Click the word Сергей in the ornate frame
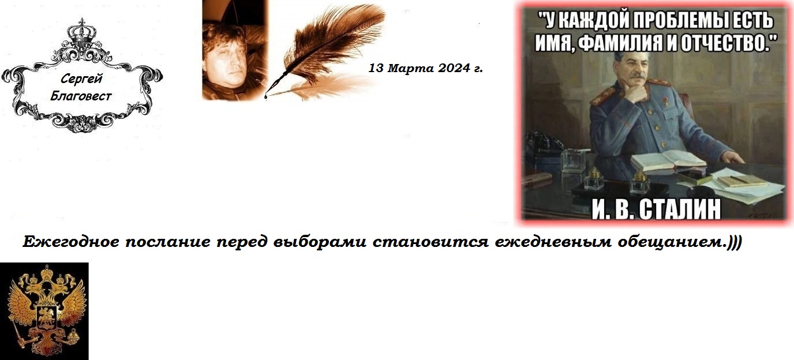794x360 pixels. point(81,78)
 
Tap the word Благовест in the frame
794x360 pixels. point(81,96)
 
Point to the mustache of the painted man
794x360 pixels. point(637,76)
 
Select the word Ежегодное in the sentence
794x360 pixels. point(71,242)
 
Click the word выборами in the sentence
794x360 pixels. point(320,242)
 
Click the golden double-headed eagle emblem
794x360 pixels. point(47,312)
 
